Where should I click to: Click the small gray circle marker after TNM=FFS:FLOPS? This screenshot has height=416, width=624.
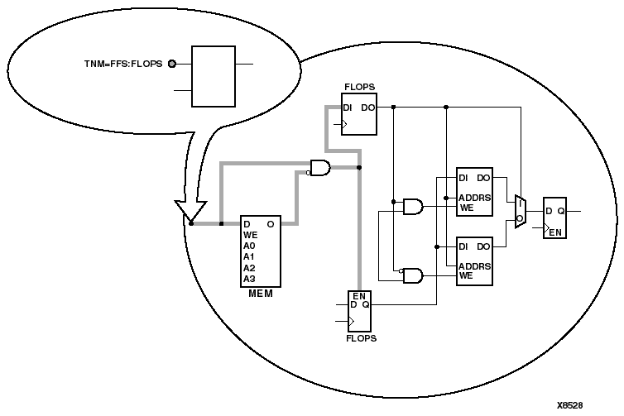pos(172,63)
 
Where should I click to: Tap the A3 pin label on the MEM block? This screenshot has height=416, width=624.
pos(249,279)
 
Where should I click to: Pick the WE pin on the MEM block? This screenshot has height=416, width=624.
pos(250,235)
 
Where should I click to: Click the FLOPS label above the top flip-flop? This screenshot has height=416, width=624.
pos(360,86)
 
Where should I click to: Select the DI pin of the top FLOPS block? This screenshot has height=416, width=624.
pos(348,107)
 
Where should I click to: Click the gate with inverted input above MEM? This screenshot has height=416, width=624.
pos(319,168)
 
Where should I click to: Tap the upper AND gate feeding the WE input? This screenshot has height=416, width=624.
pos(411,207)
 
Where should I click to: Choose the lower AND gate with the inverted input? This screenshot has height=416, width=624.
pos(410,275)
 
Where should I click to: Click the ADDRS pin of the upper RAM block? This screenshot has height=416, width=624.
pos(474,198)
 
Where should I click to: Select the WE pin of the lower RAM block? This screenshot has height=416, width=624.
pos(466,275)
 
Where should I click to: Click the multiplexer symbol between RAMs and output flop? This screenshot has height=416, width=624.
pos(519,211)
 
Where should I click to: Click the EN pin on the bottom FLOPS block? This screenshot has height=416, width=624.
pos(359,295)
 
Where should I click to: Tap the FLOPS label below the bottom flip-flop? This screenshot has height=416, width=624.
pos(360,338)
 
